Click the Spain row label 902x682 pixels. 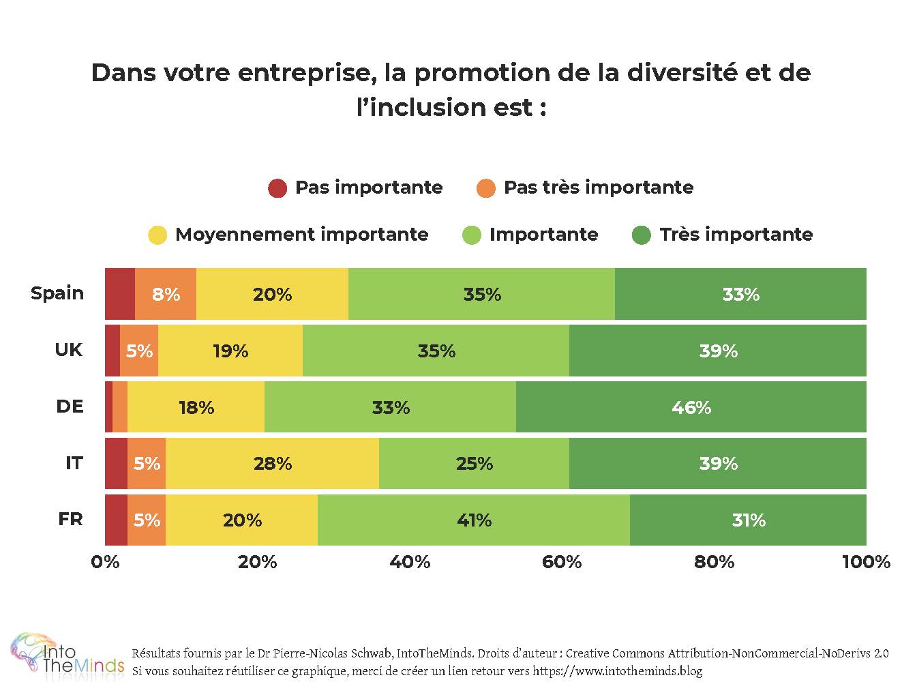coord(57,293)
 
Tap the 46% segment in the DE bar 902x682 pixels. coord(691,407)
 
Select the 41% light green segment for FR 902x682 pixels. coord(474,520)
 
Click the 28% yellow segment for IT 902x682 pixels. coord(272,464)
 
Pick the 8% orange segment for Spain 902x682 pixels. coord(166,294)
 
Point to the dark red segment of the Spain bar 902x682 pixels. coord(120,294)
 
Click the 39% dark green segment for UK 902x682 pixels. coord(718,351)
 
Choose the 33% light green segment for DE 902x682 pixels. coord(390,407)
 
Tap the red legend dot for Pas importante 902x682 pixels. coord(277,188)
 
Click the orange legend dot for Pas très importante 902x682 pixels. coord(486,188)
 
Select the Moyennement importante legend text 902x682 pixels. coord(301,235)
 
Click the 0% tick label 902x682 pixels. coord(105,562)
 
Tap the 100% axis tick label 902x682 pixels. coord(866,562)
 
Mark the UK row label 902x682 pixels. coord(69,350)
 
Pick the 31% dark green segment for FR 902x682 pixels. coord(748,520)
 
